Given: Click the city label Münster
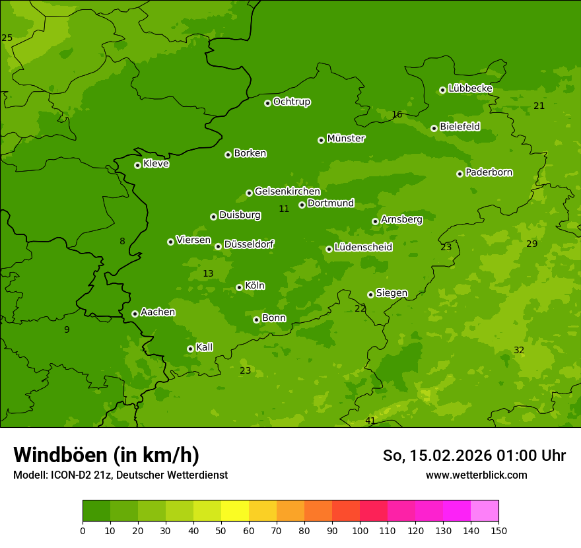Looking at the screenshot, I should tap(346, 139).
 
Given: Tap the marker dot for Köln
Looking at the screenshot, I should tap(239, 287).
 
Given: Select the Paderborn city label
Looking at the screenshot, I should tap(489, 172).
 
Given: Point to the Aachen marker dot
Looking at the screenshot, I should tap(135, 314).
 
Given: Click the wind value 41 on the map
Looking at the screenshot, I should tap(370, 421).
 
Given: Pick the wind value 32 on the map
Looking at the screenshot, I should tap(519, 350).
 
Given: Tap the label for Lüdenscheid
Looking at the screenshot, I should tap(363, 248).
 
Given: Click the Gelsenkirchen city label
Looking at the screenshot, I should tap(287, 191).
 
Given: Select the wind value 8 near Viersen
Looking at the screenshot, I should tap(122, 241).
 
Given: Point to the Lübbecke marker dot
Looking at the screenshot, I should tap(442, 90).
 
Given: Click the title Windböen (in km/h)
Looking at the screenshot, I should tap(106, 455).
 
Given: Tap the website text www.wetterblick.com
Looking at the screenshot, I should tap(477, 475).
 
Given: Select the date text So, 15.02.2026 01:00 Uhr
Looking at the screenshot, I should tap(474, 456).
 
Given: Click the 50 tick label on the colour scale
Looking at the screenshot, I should tap(221, 530).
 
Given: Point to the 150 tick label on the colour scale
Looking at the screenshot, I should tap(498, 530).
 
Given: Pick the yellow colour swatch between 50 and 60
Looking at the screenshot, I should tap(235, 511).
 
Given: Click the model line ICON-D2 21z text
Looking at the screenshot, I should tap(120, 475).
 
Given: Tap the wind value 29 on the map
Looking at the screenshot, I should tap(532, 244).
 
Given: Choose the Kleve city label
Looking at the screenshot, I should tap(156, 164).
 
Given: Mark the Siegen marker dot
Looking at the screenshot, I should tap(370, 294).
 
